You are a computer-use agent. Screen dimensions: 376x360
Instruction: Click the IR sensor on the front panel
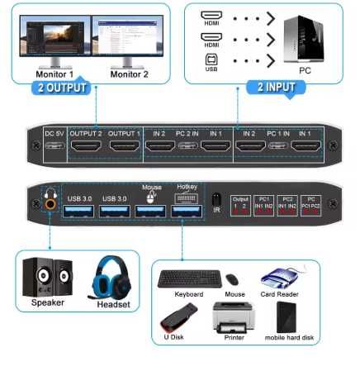(216, 200)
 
